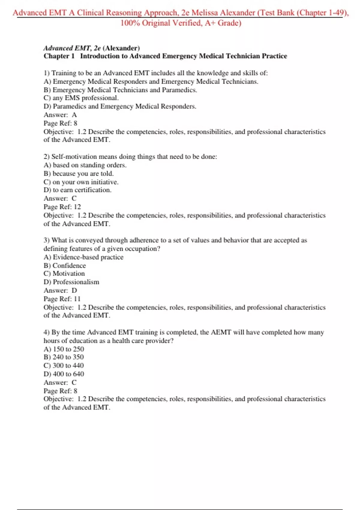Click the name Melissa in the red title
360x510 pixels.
click(205, 13)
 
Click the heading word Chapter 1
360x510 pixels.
click(59, 56)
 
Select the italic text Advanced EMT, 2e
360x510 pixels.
click(72, 48)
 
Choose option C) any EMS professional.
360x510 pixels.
click(81, 98)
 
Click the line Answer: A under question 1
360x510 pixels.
click(60, 115)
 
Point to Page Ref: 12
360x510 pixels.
click(62, 207)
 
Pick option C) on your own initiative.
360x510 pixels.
click(81, 182)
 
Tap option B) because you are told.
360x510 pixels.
click(79, 174)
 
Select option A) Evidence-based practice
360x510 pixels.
click(83, 257)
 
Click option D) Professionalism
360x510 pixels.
click(71, 282)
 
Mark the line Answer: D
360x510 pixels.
click(60, 290)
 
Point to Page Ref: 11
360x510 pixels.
click(62, 299)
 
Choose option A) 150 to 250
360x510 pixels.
click(64, 349)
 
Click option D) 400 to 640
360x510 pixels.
click(64, 374)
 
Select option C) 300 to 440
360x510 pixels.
click(64, 366)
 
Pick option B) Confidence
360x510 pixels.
click(64, 265)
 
